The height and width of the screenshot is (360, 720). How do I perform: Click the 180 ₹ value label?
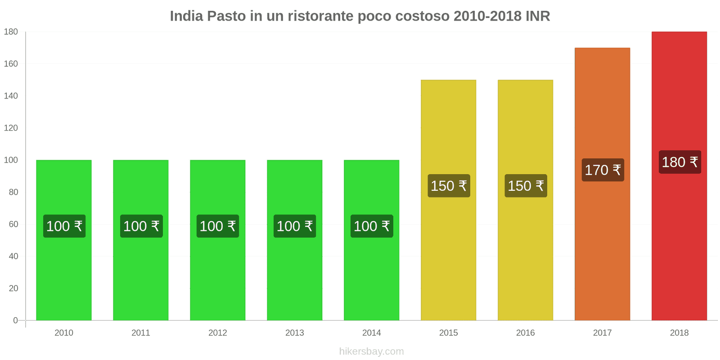(x=679, y=162)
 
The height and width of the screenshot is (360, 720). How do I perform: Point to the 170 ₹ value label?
(x=603, y=170)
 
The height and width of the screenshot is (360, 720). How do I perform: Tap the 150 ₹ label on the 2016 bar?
(x=526, y=186)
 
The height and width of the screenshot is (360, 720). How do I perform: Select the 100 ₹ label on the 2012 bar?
(x=218, y=226)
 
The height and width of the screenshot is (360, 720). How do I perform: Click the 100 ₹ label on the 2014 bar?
(x=372, y=226)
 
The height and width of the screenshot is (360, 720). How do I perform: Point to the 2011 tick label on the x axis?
(x=141, y=333)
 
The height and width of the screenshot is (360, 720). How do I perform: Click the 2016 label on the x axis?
(x=525, y=333)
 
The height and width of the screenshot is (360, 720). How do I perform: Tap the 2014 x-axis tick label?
(x=371, y=333)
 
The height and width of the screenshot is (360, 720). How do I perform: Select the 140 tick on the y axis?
(x=11, y=96)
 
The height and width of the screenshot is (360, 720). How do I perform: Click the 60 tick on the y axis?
(x=13, y=224)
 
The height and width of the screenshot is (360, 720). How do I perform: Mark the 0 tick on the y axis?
(x=16, y=320)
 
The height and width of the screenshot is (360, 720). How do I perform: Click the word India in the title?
(x=186, y=16)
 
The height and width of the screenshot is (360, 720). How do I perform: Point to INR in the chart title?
(x=538, y=16)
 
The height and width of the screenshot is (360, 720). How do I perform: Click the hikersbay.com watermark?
(x=371, y=351)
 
